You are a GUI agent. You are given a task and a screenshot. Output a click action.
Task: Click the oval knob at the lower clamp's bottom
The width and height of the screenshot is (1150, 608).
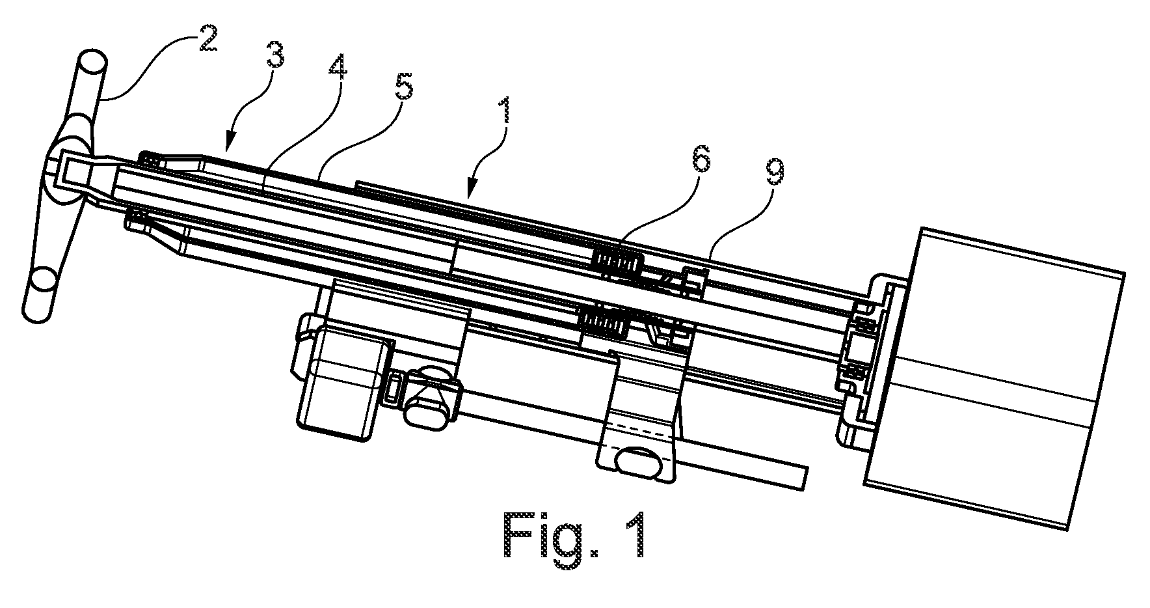coord(641,462)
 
